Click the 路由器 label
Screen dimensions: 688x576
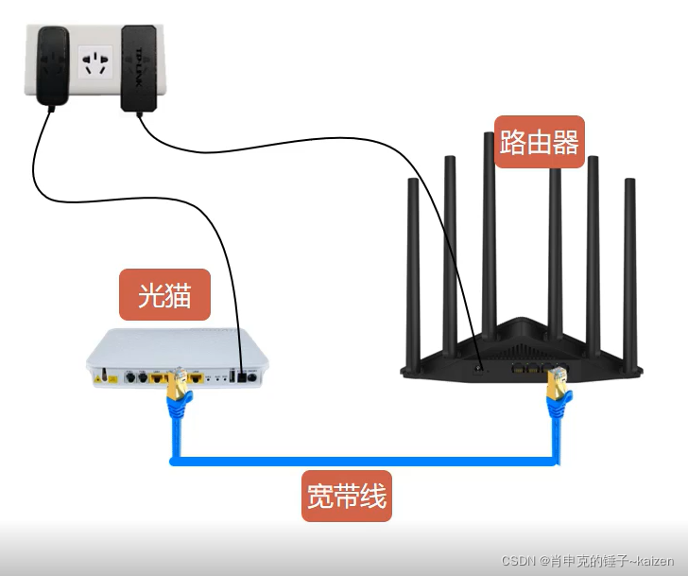pos(540,141)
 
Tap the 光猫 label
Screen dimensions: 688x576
pos(165,294)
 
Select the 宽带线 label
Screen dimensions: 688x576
pos(347,497)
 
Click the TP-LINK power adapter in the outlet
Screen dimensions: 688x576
pos(139,68)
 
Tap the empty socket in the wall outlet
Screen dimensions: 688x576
pos(95,62)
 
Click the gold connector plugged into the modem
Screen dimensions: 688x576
pos(179,385)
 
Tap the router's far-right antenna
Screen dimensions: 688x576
pos(630,272)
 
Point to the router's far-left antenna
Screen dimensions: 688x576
pos(413,272)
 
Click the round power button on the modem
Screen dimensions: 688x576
pos(252,376)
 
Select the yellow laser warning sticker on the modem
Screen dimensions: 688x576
pos(112,379)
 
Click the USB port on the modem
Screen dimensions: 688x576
pos(232,376)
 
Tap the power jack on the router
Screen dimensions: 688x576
pos(478,370)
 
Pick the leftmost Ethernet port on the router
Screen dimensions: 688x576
pos(518,368)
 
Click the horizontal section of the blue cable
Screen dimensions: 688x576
pos(364,461)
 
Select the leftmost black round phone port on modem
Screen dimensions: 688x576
pos(129,377)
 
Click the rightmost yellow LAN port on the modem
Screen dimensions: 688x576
pos(196,376)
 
